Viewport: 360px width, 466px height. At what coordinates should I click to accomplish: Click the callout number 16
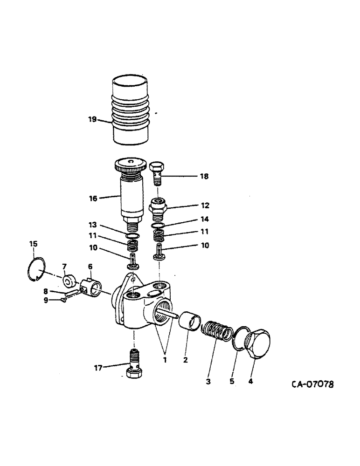(x=93, y=199)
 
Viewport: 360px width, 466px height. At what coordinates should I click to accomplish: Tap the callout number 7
(x=65, y=266)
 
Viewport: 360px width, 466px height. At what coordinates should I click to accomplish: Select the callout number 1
(x=163, y=360)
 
